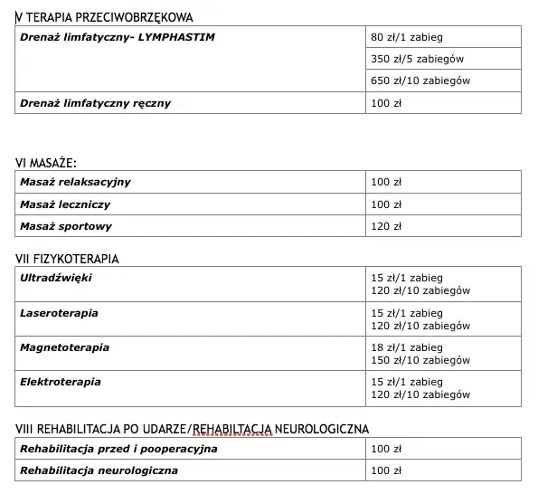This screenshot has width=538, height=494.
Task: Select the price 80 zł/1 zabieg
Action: (407, 38)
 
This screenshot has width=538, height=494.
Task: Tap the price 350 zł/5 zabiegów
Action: (417, 60)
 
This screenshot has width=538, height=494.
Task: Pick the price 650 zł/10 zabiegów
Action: (420, 81)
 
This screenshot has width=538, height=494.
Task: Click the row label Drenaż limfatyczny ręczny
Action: (95, 103)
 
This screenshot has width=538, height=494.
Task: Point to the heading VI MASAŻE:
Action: (46, 163)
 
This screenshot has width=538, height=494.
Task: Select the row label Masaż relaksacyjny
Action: (75, 182)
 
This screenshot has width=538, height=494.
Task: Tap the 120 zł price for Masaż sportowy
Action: (386, 226)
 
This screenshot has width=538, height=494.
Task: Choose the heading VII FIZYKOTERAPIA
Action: (67, 260)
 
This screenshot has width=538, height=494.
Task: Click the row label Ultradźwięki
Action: (56, 278)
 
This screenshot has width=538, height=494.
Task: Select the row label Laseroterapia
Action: (60, 313)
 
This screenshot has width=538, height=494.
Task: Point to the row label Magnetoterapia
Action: (64, 347)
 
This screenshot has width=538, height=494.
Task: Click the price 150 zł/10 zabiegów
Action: (420, 360)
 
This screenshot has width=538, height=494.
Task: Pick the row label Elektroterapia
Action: (61, 382)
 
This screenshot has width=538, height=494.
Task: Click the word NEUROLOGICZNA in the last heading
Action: (318, 429)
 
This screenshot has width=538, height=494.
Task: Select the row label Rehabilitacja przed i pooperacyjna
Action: (118, 449)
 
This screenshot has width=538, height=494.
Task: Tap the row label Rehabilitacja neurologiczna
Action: (99, 470)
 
